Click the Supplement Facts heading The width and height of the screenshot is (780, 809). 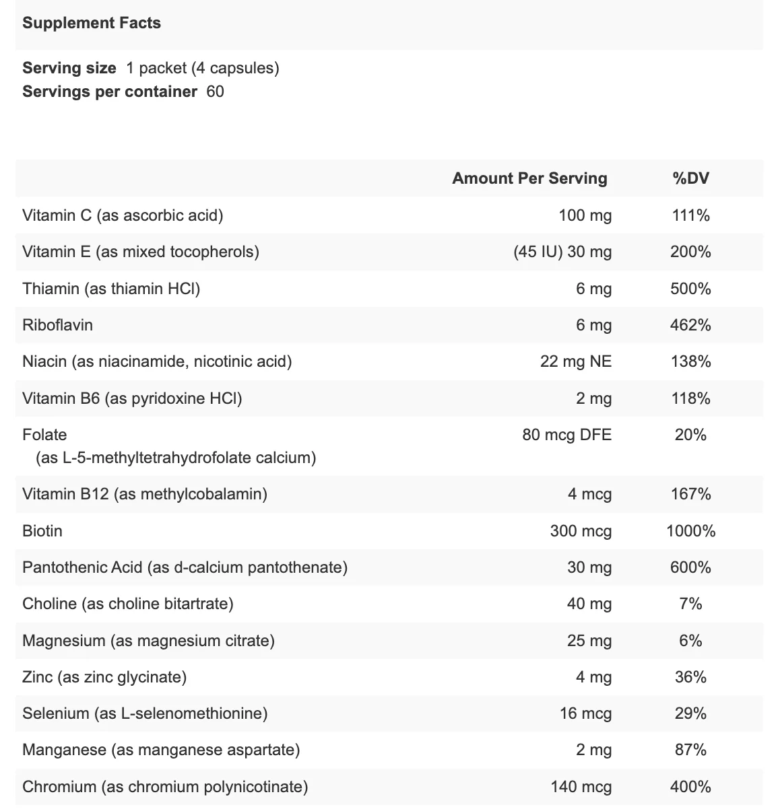(92, 23)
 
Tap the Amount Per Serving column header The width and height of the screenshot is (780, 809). (529, 178)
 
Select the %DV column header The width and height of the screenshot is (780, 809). (690, 178)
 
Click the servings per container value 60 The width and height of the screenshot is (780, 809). (215, 92)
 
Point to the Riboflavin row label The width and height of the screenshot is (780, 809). (57, 325)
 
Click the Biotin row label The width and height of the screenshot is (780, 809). (42, 531)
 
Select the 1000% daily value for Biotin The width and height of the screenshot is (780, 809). (690, 531)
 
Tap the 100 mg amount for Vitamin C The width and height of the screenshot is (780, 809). (585, 215)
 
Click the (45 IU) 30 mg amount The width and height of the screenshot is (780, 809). (562, 252)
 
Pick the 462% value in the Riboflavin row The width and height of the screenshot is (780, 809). (690, 325)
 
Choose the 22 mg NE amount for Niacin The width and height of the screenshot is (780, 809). (576, 361)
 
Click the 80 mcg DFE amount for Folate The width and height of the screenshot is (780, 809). (567, 435)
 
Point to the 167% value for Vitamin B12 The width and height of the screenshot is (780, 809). (690, 494)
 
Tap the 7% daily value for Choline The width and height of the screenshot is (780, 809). (690, 604)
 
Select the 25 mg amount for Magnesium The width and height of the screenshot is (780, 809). (589, 641)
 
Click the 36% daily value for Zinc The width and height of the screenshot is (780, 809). (690, 677)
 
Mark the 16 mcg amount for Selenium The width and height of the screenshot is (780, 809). (586, 714)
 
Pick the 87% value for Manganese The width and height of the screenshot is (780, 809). (690, 750)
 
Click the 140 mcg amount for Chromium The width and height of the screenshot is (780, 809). (581, 787)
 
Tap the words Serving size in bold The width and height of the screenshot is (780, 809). (69, 68)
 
